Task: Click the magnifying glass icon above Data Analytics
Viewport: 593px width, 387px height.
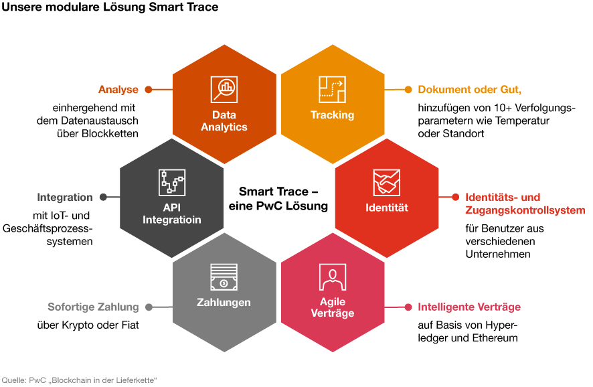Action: click(224, 89)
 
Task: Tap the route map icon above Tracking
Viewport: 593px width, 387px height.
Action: click(332, 89)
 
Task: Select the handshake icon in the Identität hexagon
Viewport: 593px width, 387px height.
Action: click(386, 182)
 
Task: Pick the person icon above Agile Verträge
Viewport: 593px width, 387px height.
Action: click(333, 277)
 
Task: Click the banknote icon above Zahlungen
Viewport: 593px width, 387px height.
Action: click(224, 277)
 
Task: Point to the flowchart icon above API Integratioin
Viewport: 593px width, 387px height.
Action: click(172, 182)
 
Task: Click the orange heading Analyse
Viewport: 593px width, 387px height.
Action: click(118, 90)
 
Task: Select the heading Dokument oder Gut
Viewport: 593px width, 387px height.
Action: click(470, 90)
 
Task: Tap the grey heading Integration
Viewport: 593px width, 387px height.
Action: click(65, 198)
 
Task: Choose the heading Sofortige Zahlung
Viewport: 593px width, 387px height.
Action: click(94, 307)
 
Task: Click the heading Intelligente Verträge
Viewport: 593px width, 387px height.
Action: click(469, 307)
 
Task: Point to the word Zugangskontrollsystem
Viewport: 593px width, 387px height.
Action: click(525, 210)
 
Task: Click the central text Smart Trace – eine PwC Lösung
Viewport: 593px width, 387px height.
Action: click(278, 199)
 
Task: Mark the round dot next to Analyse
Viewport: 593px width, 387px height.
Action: click(149, 90)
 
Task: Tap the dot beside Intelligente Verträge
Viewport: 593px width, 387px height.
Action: click(408, 307)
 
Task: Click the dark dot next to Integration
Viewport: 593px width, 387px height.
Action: click(103, 197)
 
